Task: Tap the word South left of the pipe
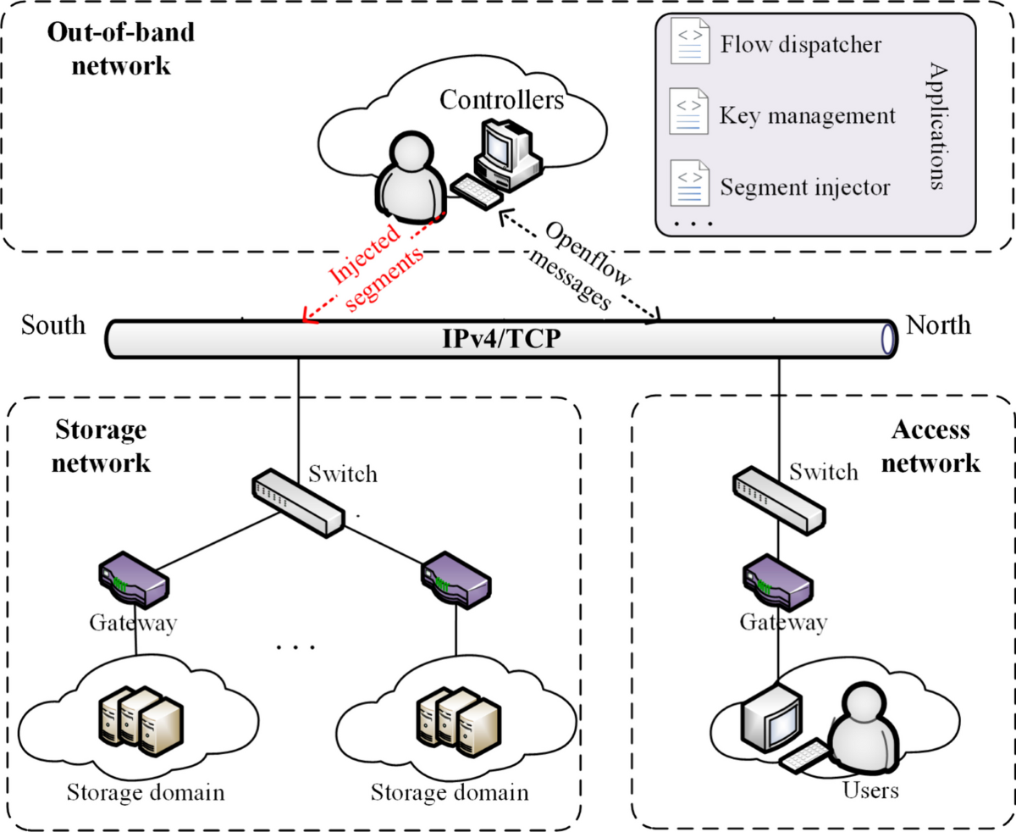[x=53, y=325]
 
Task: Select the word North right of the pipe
[x=938, y=325]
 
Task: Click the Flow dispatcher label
[x=800, y=43]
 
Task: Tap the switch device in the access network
[x=778, y=498]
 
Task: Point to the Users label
[x=870, y=791]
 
